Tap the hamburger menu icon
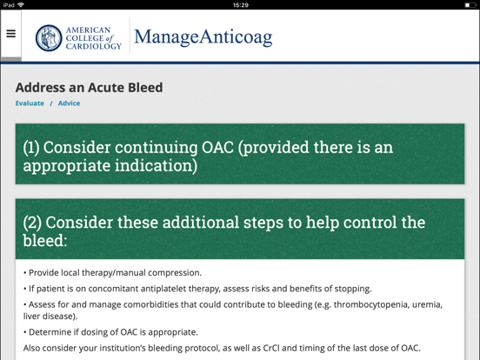tap(10, 35)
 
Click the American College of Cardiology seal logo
tap(49, 37)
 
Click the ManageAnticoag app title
tap(203, 37)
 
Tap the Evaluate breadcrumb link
tap(30, 103)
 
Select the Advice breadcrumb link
tap(70, 103)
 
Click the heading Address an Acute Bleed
tap(89, 88)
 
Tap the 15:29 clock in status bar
tap(241, 5)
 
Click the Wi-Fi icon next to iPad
tap(21, 5)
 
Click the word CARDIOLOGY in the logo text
tap(94, 46)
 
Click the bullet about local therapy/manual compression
tap(112, 273)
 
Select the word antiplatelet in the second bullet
tap(172, 289)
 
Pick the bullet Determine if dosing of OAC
tap(110, 332)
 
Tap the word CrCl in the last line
tap(271, 348)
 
